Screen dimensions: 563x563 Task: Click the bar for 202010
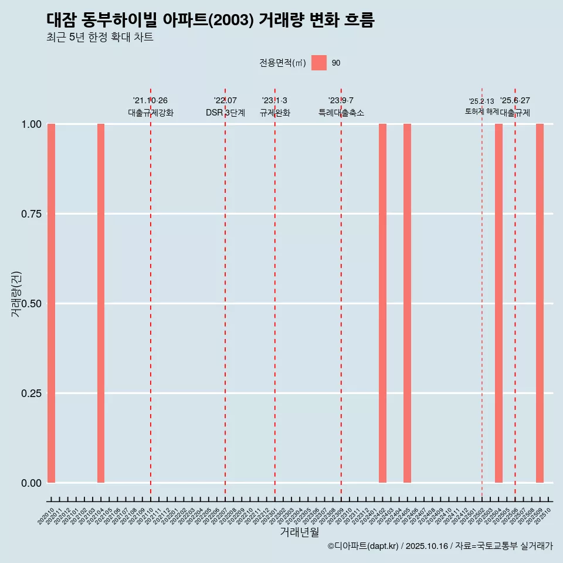tap(51, 303)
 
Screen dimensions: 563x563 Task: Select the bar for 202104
tap(101, 303)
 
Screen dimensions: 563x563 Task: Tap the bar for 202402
tap(382, 303)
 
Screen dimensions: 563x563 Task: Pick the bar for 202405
tap(407, 303)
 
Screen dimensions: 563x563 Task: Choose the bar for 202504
tap(498, 303)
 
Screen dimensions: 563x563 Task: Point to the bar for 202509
tap(540, 303)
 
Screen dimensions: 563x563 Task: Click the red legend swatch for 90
tap(319, 63)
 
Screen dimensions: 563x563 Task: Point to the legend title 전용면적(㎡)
tap(283, 63)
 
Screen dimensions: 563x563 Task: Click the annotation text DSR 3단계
tap(225, 113)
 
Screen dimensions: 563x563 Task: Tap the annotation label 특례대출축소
tap(341, 113)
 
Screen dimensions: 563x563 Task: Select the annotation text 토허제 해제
tap(481, 111)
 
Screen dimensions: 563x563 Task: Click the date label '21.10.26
tap(150, 101)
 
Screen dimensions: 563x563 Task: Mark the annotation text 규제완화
tap(275, 113)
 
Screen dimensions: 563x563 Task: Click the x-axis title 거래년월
tap(300, 533)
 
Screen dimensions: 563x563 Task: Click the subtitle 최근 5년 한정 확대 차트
tap(100, 38)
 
